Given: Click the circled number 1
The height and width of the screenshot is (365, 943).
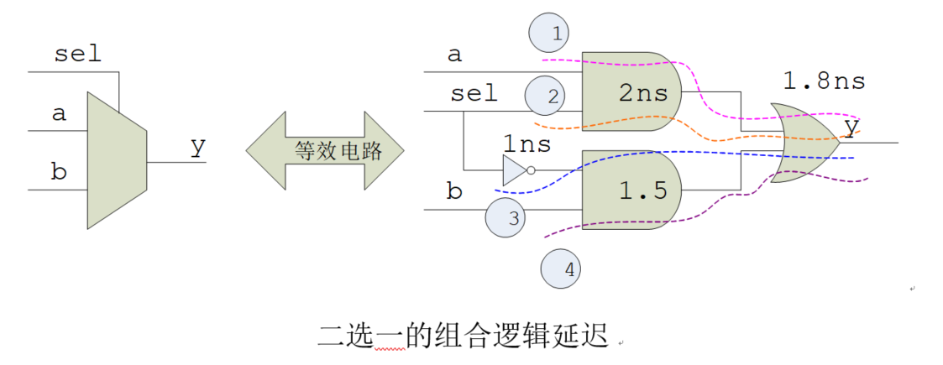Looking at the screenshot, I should point(548,34).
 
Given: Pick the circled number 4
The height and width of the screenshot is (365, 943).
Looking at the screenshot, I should point(562,269).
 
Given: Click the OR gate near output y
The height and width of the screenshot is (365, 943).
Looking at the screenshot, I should point(803,143).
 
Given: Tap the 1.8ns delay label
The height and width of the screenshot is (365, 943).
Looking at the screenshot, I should point(824,81).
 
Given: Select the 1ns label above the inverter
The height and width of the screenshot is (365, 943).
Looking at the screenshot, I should point(527,143).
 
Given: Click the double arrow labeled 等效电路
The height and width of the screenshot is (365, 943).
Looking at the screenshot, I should point(326,151).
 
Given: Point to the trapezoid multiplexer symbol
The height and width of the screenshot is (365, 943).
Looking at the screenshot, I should point(117,159).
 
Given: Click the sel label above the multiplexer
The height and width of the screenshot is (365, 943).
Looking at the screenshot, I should point(77,55).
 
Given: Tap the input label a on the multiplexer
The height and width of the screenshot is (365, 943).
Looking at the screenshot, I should point(59,113).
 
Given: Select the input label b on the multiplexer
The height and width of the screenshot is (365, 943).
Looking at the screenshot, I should point(58,173).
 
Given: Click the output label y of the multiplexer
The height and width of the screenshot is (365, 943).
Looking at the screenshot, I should point(197,146).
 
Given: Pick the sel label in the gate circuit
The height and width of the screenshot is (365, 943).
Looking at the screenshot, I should point(474,93).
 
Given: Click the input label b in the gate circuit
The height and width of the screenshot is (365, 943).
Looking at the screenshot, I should point(454,191).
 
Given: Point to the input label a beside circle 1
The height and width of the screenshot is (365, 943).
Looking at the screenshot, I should point(454,55).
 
